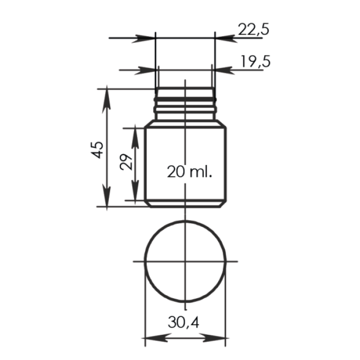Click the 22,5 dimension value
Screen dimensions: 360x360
[254, 29]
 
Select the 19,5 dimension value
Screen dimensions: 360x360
[256, 62]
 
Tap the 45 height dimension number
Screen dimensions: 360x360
[97, 150]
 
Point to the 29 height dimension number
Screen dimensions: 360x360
[126, 162]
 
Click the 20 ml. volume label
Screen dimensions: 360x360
[190, 172]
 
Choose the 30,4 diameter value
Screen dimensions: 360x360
[184, 322]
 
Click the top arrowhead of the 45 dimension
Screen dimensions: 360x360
[107, 99]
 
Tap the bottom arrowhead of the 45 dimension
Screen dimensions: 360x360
[107, 197]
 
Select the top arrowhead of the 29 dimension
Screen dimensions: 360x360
[135, 137]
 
